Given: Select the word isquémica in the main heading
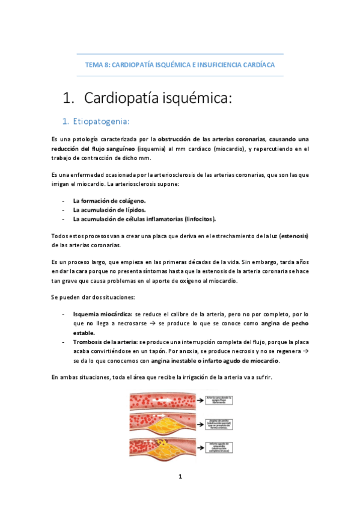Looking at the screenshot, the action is click(196, 97).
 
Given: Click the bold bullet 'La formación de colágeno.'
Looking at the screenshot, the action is click(109, 200).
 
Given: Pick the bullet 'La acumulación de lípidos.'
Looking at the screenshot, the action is click(109, 210).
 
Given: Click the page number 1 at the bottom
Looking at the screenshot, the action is click(180, 476).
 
